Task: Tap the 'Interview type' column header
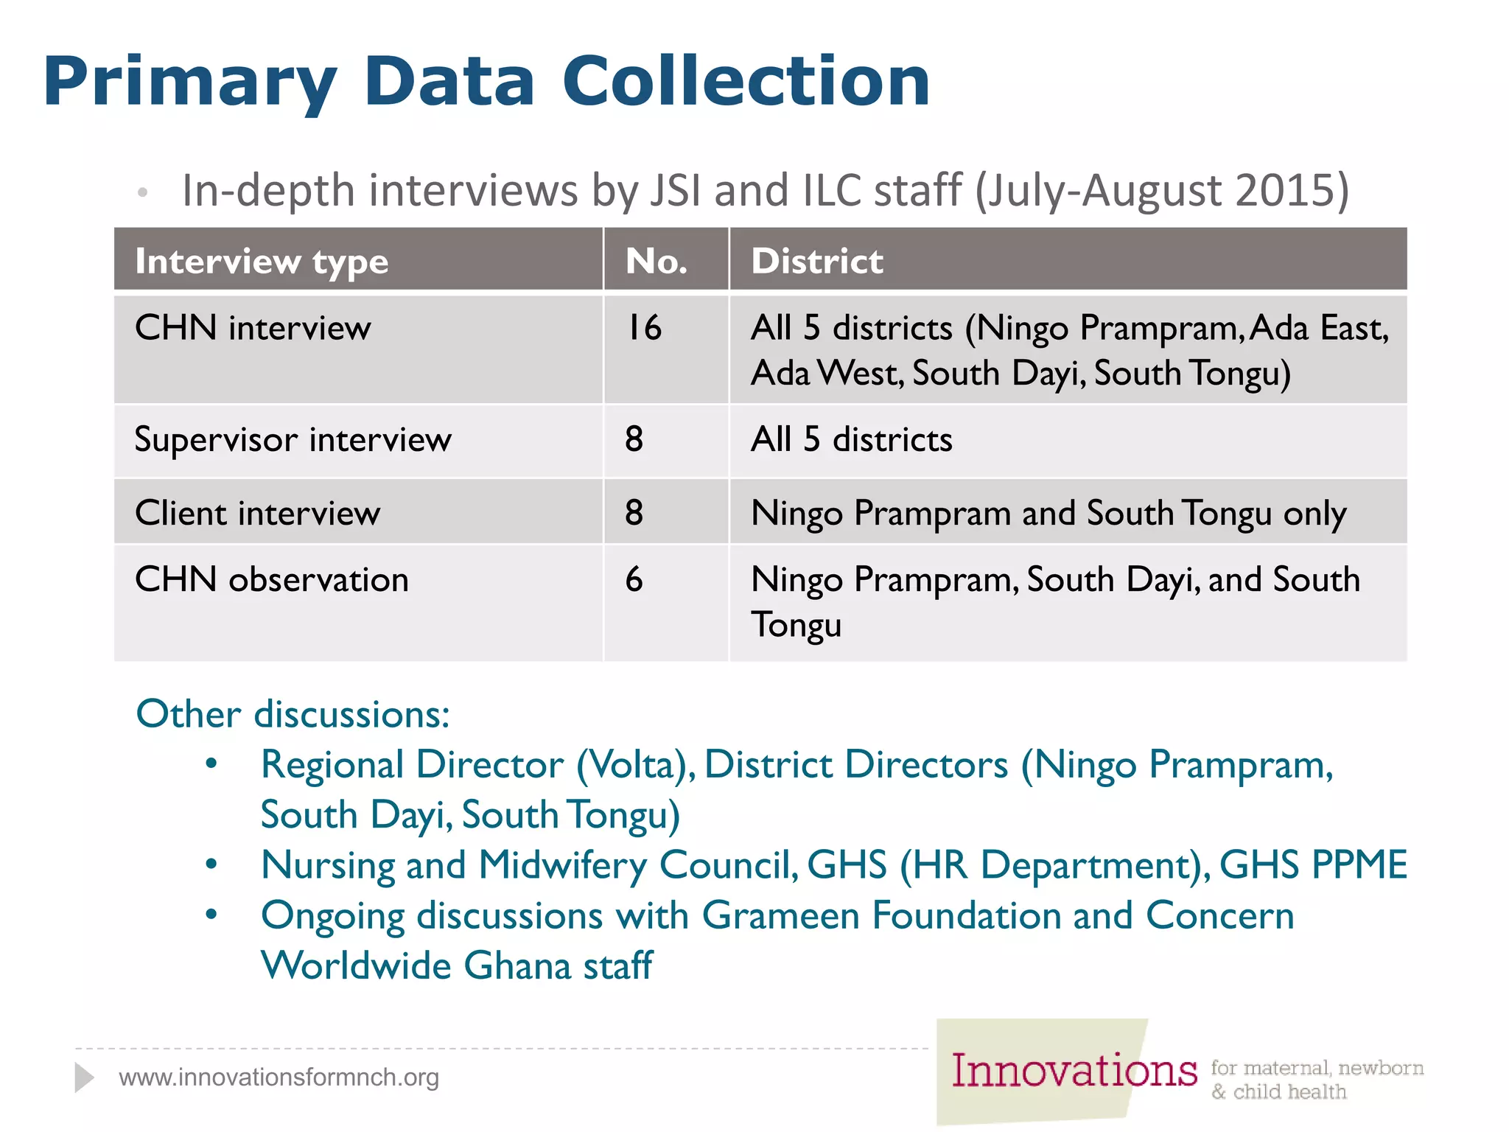(262, 262)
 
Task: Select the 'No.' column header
(656, 261)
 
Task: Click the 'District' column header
(816, 261)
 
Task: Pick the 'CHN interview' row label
(253, 328)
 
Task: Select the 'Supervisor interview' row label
(293, 440)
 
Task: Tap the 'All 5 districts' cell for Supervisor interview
(851, 440)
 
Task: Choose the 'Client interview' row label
(257, 513)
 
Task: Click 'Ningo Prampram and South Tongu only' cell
(1048, 514)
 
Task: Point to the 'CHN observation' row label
(271, 579)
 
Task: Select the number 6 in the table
(634, 579)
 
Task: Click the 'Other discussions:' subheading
(293, 714)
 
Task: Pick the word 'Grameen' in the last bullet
(780, 916)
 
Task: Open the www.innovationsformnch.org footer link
(279, 1077)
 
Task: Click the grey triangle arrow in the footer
(84, 1077)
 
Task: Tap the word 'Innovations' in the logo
(1074, 1071)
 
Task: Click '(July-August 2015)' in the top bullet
(1162, 190)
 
